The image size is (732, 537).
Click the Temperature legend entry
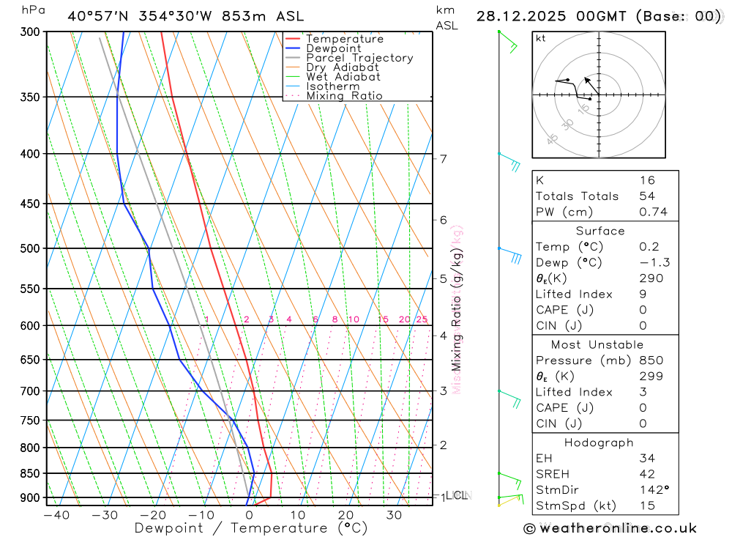tap(344, 39)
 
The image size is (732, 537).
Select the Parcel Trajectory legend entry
tap(359, 58)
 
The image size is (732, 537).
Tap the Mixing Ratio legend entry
tap(344, 96)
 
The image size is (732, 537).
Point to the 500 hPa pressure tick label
tap(30, 248)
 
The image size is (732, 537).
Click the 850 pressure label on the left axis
tap(30, 473)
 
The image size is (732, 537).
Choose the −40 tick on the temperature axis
tap(56, 515)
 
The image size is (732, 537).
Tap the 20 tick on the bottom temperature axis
tap(346, 515)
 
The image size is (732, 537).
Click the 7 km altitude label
tap(444, 159)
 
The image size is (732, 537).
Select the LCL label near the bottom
tap(458, 496)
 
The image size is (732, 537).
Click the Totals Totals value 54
tap(647, 196)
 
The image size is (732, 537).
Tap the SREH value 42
tap(646, 473)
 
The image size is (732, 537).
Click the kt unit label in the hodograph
tap(540, 38)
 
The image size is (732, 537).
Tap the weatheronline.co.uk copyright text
tap(610, 528)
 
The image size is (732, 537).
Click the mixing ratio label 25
tap(422, 319)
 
